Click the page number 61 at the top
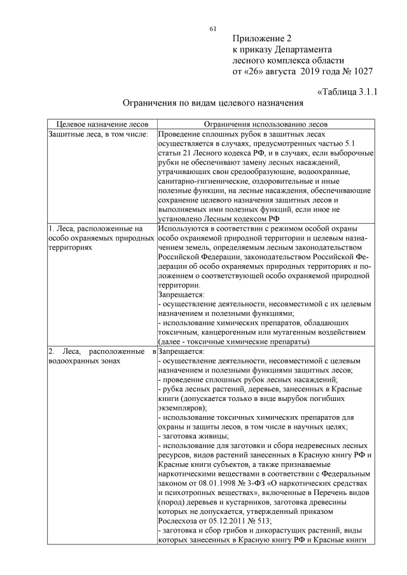coord(213,28)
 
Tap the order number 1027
coord(361,71)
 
